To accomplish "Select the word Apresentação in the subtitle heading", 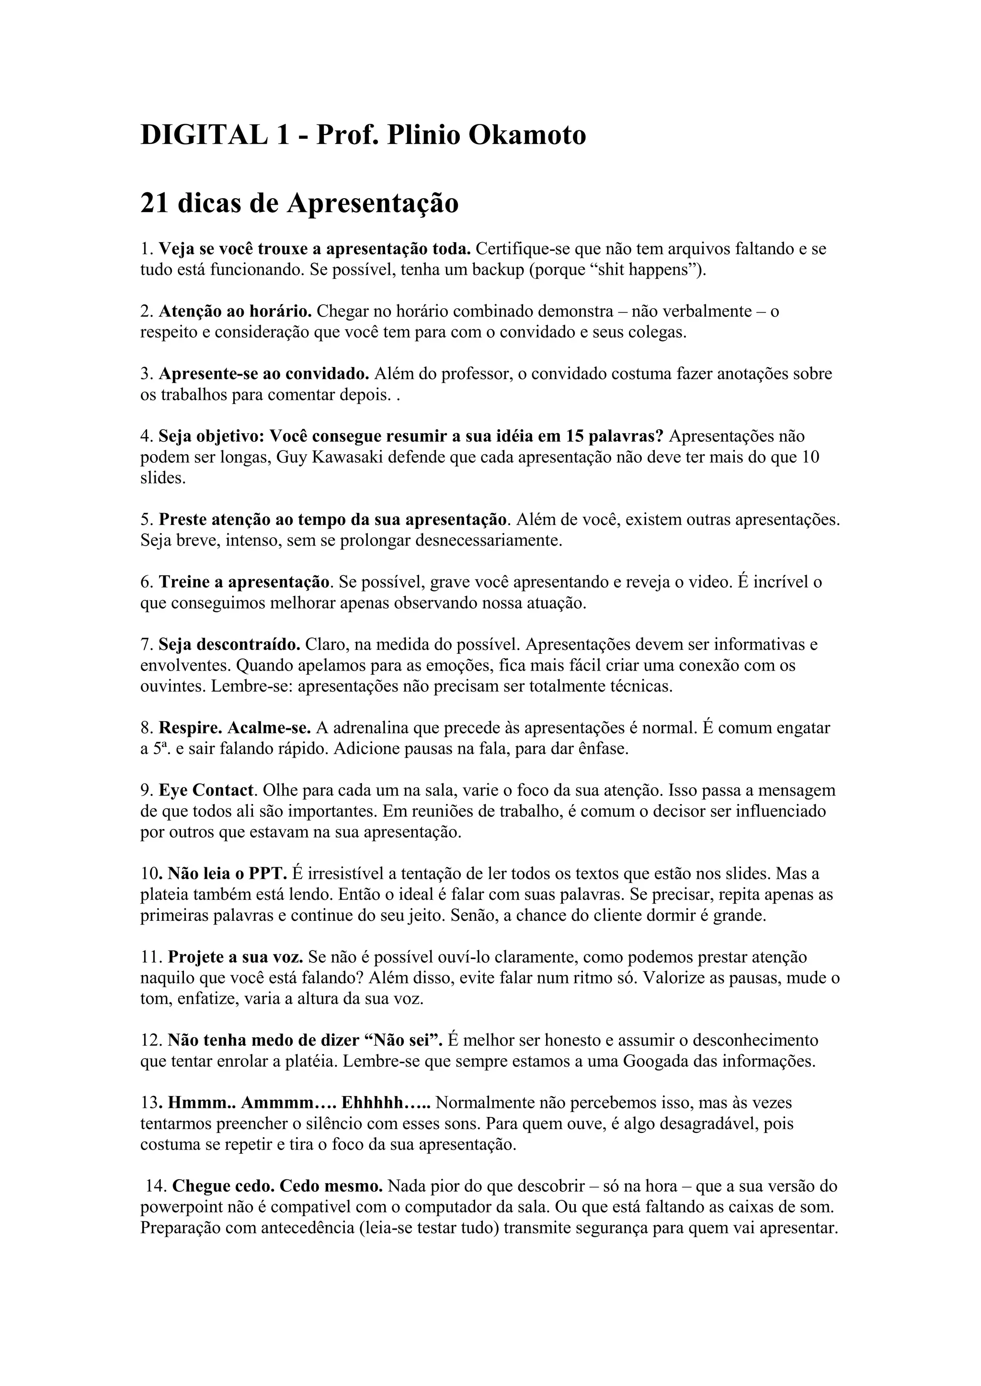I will pos(372,203).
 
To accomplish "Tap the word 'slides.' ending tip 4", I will pos(162,478).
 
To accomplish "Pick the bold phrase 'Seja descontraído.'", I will pos(229,645).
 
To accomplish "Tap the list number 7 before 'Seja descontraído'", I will pos(146,645).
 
